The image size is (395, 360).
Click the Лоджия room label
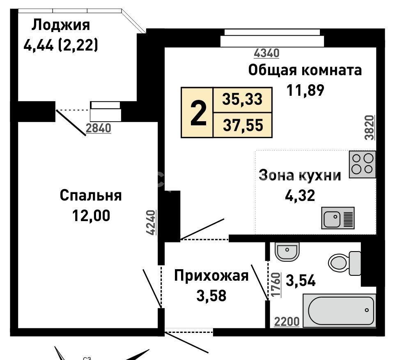(60, 25)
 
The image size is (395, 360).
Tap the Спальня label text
(91, 195)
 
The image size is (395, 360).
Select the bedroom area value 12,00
(91, 215)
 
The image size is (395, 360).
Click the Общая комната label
(305, 70)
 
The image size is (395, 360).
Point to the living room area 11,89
(305, 90)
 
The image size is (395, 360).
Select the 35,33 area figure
(242, 99)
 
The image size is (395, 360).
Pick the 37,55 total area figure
(243, 125)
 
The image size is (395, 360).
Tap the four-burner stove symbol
(362, 164)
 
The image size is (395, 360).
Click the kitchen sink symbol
(338, 218)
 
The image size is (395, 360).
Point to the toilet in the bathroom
(344, 263)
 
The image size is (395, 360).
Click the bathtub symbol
(339, 310)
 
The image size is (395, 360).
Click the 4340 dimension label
(266, 53)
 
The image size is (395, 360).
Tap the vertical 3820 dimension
(370, 127)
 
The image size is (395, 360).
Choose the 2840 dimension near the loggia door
(99, 128)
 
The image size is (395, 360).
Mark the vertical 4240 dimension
(151, 223)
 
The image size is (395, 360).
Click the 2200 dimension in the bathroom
(287, 322)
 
